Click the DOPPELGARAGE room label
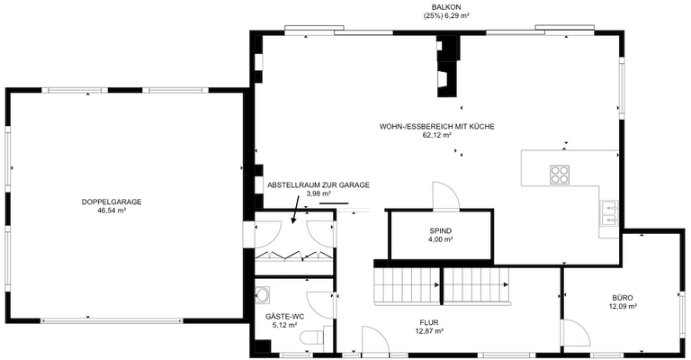coord(112,202)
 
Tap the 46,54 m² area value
coord(112,211)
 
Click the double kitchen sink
coord(609,213)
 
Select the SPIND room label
coord(440,231)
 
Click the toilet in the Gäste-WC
coord(311,337)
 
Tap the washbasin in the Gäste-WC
coord(264,294)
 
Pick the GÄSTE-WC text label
coord(283,318)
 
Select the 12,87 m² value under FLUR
coord(428,331)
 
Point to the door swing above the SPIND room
coord(445,196)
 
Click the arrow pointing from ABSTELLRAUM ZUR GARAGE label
coord(295,216)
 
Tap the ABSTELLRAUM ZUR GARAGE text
coord(318,184)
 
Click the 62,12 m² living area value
coord(436,137)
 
